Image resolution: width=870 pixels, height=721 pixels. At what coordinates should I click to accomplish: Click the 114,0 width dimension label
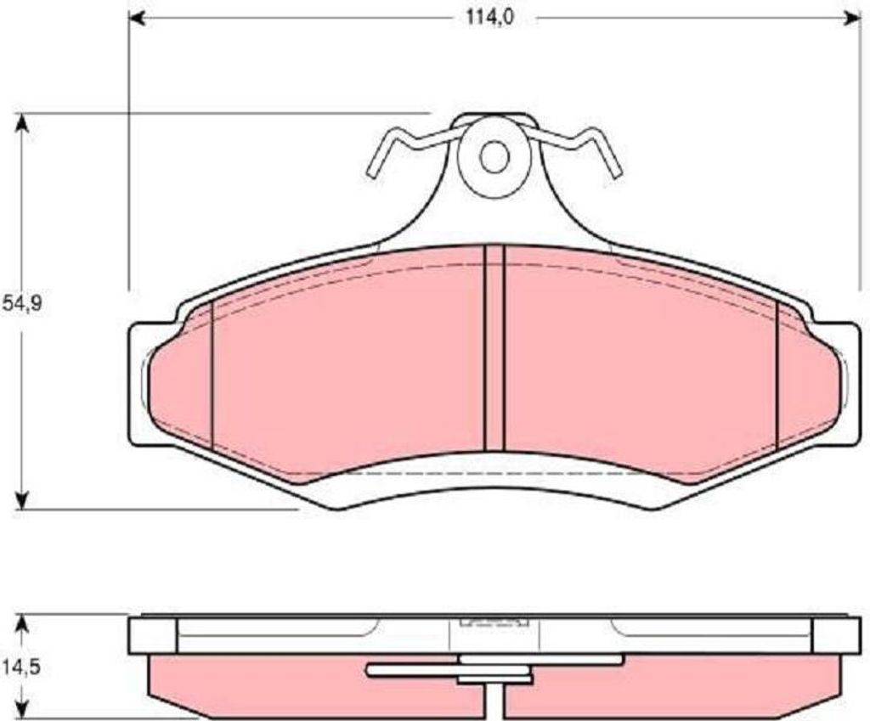pyautogui.click(x=490, y=18)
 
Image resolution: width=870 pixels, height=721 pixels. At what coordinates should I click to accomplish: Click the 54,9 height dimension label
pyautogui.click(x=22, y=304)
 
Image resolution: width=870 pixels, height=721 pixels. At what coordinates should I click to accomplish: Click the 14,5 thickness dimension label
pyautogui.click(x=22, y=667)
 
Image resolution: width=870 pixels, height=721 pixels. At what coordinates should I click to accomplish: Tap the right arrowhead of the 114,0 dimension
pyautogui.click(x=851, y=18)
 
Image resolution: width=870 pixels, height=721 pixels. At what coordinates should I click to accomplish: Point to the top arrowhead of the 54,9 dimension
pyautogui.click(x=21, y=124)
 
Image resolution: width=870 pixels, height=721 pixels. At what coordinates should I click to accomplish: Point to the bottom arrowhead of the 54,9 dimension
pyautogui.click(x=21, y=499)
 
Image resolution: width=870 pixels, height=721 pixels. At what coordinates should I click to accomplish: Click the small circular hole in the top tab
pyautogui.click(x=494, y=157)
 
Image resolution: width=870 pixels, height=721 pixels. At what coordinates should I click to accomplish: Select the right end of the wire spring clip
pyautogui.click(x=617, y=173)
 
